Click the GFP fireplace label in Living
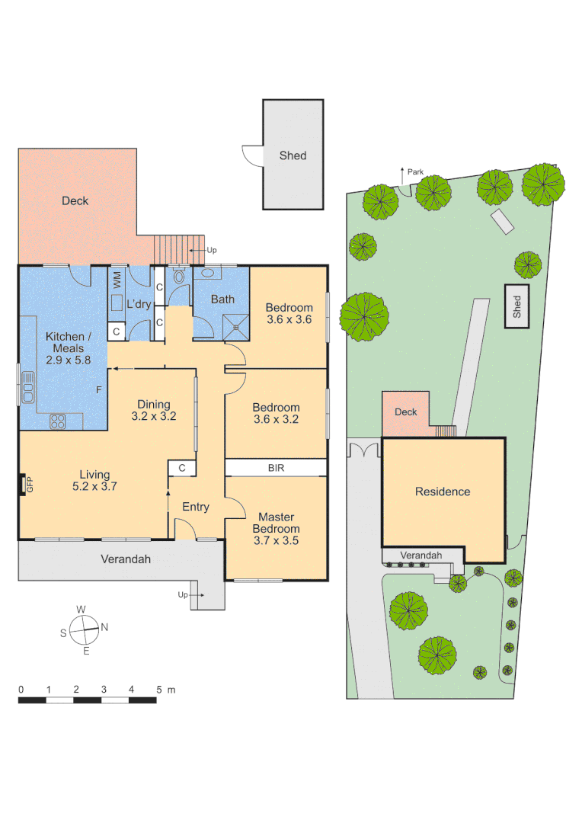(x=30, y=485)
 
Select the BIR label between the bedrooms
(x=276, y=468)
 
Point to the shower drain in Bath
(x=237, y=328)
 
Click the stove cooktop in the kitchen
(x=58, y=420)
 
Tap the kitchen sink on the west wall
(x=28, y=386)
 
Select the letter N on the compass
(x=104, y=628)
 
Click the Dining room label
(x=153, y=405)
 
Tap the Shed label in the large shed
(x=293, y=155)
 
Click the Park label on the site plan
(x=415, y=172)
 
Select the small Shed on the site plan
(x=517, y=307)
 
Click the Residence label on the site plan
(x=443, y=492)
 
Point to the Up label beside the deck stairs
(x=212, y=250)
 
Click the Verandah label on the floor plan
(x=126, y=559)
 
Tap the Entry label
(x=196, y=507)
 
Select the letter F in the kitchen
(x=98, y=390)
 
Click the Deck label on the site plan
(x=406, y=412)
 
